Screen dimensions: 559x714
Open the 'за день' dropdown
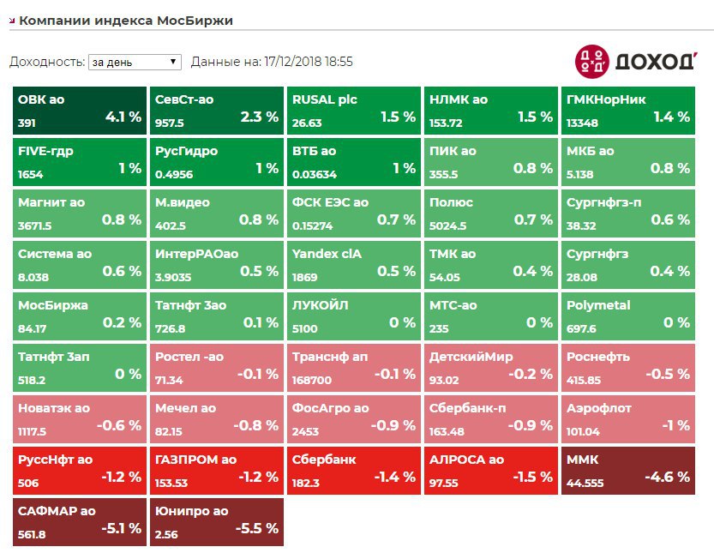point(135,62)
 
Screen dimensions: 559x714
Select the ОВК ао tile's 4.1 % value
point(123,117)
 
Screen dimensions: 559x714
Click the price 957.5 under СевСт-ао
point(170,123)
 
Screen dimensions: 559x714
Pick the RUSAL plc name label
point(325,99)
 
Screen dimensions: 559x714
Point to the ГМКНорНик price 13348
point(582,123)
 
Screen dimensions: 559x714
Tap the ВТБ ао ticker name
point(315,151)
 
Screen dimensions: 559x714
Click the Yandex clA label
point(327,254)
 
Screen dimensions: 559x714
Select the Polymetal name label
point(598,305)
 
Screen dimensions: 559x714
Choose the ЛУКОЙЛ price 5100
point(304,329)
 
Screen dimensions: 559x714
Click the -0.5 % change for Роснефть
point(669,374)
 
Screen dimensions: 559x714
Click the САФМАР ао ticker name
point(57,511)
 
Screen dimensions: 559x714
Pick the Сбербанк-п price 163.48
point(447,432)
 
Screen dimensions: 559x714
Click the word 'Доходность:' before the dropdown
point(46,62)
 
